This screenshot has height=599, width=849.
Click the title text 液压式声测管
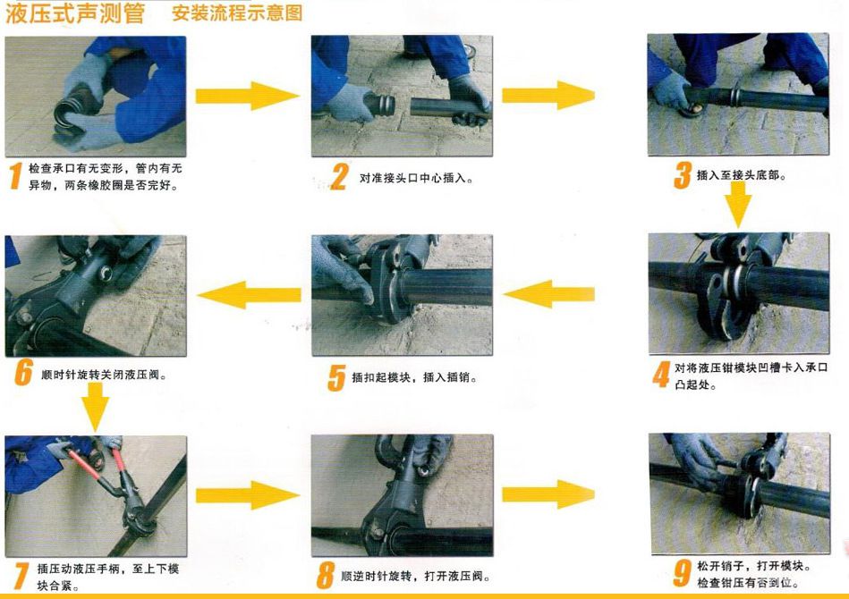[x=74, y=14]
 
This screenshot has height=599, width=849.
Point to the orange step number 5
[x=335, y=377]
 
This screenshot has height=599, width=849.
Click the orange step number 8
[x=327, y=574]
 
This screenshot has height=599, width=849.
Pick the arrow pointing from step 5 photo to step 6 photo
[x=248, y=293]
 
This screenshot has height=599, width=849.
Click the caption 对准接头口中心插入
[x=415, y=178]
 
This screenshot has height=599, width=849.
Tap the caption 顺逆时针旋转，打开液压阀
[x=417, y=576]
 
